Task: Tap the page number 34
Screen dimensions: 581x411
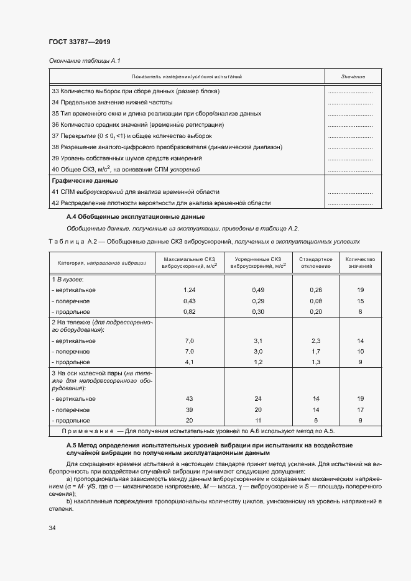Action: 52,528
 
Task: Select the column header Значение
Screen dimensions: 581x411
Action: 353,76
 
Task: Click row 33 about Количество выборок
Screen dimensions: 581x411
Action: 136,91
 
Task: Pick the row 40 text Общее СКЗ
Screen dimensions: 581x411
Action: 128,169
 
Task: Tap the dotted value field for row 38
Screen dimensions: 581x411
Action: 349,147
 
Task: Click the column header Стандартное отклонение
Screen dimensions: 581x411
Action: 315,262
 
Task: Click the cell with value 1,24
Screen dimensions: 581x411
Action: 190,290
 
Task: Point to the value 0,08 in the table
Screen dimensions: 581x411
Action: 316,301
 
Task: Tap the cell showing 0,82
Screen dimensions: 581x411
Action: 190,311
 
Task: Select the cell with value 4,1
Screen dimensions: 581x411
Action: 190,362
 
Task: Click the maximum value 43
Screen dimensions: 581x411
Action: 190,398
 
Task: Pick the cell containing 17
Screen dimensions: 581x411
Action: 361,409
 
